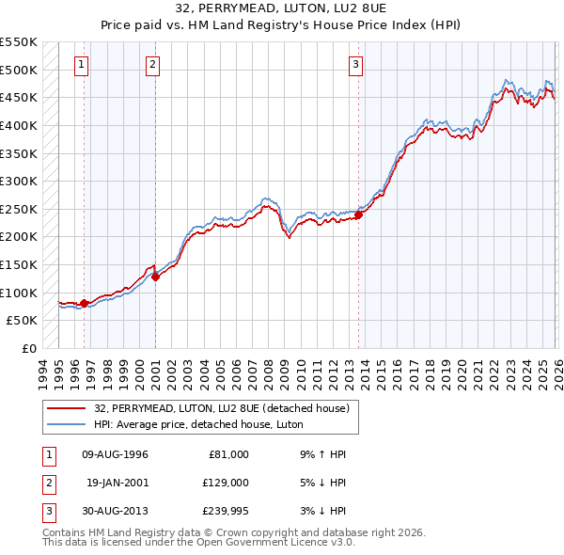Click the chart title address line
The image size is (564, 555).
pyautogui.click(x=281, y=8)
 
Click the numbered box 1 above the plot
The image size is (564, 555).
pyautogui.click(x=83, y=65)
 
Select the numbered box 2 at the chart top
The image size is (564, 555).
pyautogui.click(x=152, y=65)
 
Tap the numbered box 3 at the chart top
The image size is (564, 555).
pyautogui.click(x=356, y=65)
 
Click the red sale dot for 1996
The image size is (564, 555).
pyautogui.click(x=85, y=303)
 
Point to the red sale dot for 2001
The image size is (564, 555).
pyautogui.click(x=155, y=276)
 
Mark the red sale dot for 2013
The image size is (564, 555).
pyautogui.click(x=358, y=214)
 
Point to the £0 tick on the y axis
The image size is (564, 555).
pyautogui.click(x=28, y=348)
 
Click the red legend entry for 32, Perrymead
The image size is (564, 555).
pyautogui.click(x=222, y=408)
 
